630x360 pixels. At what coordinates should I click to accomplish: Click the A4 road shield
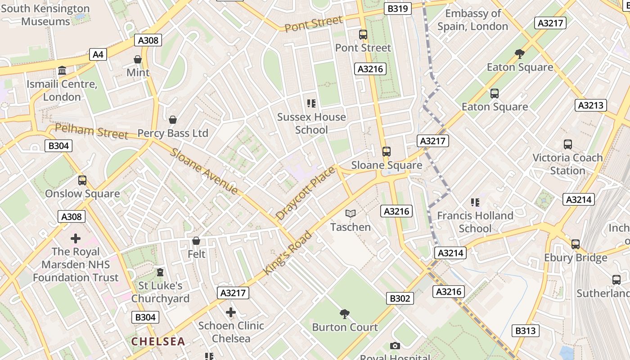(x=98, y=55)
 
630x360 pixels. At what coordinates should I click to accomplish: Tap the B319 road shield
(x=398, y=9)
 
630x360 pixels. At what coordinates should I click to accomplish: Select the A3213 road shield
(x=590, y=105)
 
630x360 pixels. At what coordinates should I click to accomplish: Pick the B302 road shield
(x=400, y=298)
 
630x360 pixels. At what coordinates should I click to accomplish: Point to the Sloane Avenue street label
(x=204, y=171)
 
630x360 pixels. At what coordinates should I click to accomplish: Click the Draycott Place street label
(x=306, y=193)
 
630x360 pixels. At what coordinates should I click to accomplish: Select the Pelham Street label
(x=91, y=131)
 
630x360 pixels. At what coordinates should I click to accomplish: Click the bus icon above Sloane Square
(x=386, y=152)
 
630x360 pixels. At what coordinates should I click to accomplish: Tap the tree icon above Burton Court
(x=345, y=314)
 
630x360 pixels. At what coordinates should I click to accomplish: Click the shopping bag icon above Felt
(x=196, y=241)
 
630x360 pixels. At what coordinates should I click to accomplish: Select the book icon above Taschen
(x=351, y=214)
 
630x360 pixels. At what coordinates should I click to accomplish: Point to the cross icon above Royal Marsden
(x=76, y=238)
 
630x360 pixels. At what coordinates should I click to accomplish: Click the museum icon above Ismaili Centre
(x=62, y=71)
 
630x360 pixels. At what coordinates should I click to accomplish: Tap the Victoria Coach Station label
(x=567, y=164)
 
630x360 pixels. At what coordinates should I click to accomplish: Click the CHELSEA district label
(x=158, y=342)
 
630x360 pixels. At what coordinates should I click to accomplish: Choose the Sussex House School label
(x=311, y=123)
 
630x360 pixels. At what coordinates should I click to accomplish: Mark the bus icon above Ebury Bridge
(x=576, y=244)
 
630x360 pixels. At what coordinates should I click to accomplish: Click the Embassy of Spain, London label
(x=472, y=20)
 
